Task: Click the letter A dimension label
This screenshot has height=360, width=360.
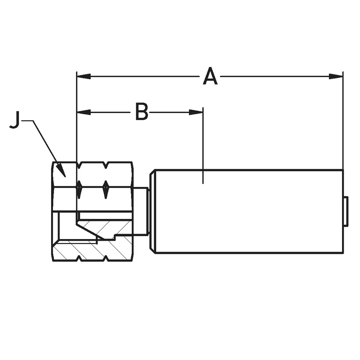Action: coord(210,77)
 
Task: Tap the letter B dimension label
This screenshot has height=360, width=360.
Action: coord(141,112)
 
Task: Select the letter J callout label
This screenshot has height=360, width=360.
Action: coord(15,120)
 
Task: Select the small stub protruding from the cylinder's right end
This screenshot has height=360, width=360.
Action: coord(346,211)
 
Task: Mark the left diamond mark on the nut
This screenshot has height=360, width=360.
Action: coord(79,189)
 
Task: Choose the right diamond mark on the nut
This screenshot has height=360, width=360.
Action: coord(105,189)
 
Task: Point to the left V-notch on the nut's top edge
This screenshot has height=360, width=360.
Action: coord(79,165)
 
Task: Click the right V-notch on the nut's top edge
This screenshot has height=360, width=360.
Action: coord(105,165)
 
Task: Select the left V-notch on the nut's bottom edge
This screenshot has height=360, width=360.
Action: coord(79,258)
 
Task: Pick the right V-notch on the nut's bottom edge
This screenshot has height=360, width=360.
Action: coord(105,258)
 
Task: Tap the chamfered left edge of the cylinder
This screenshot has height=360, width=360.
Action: coord(153,211)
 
